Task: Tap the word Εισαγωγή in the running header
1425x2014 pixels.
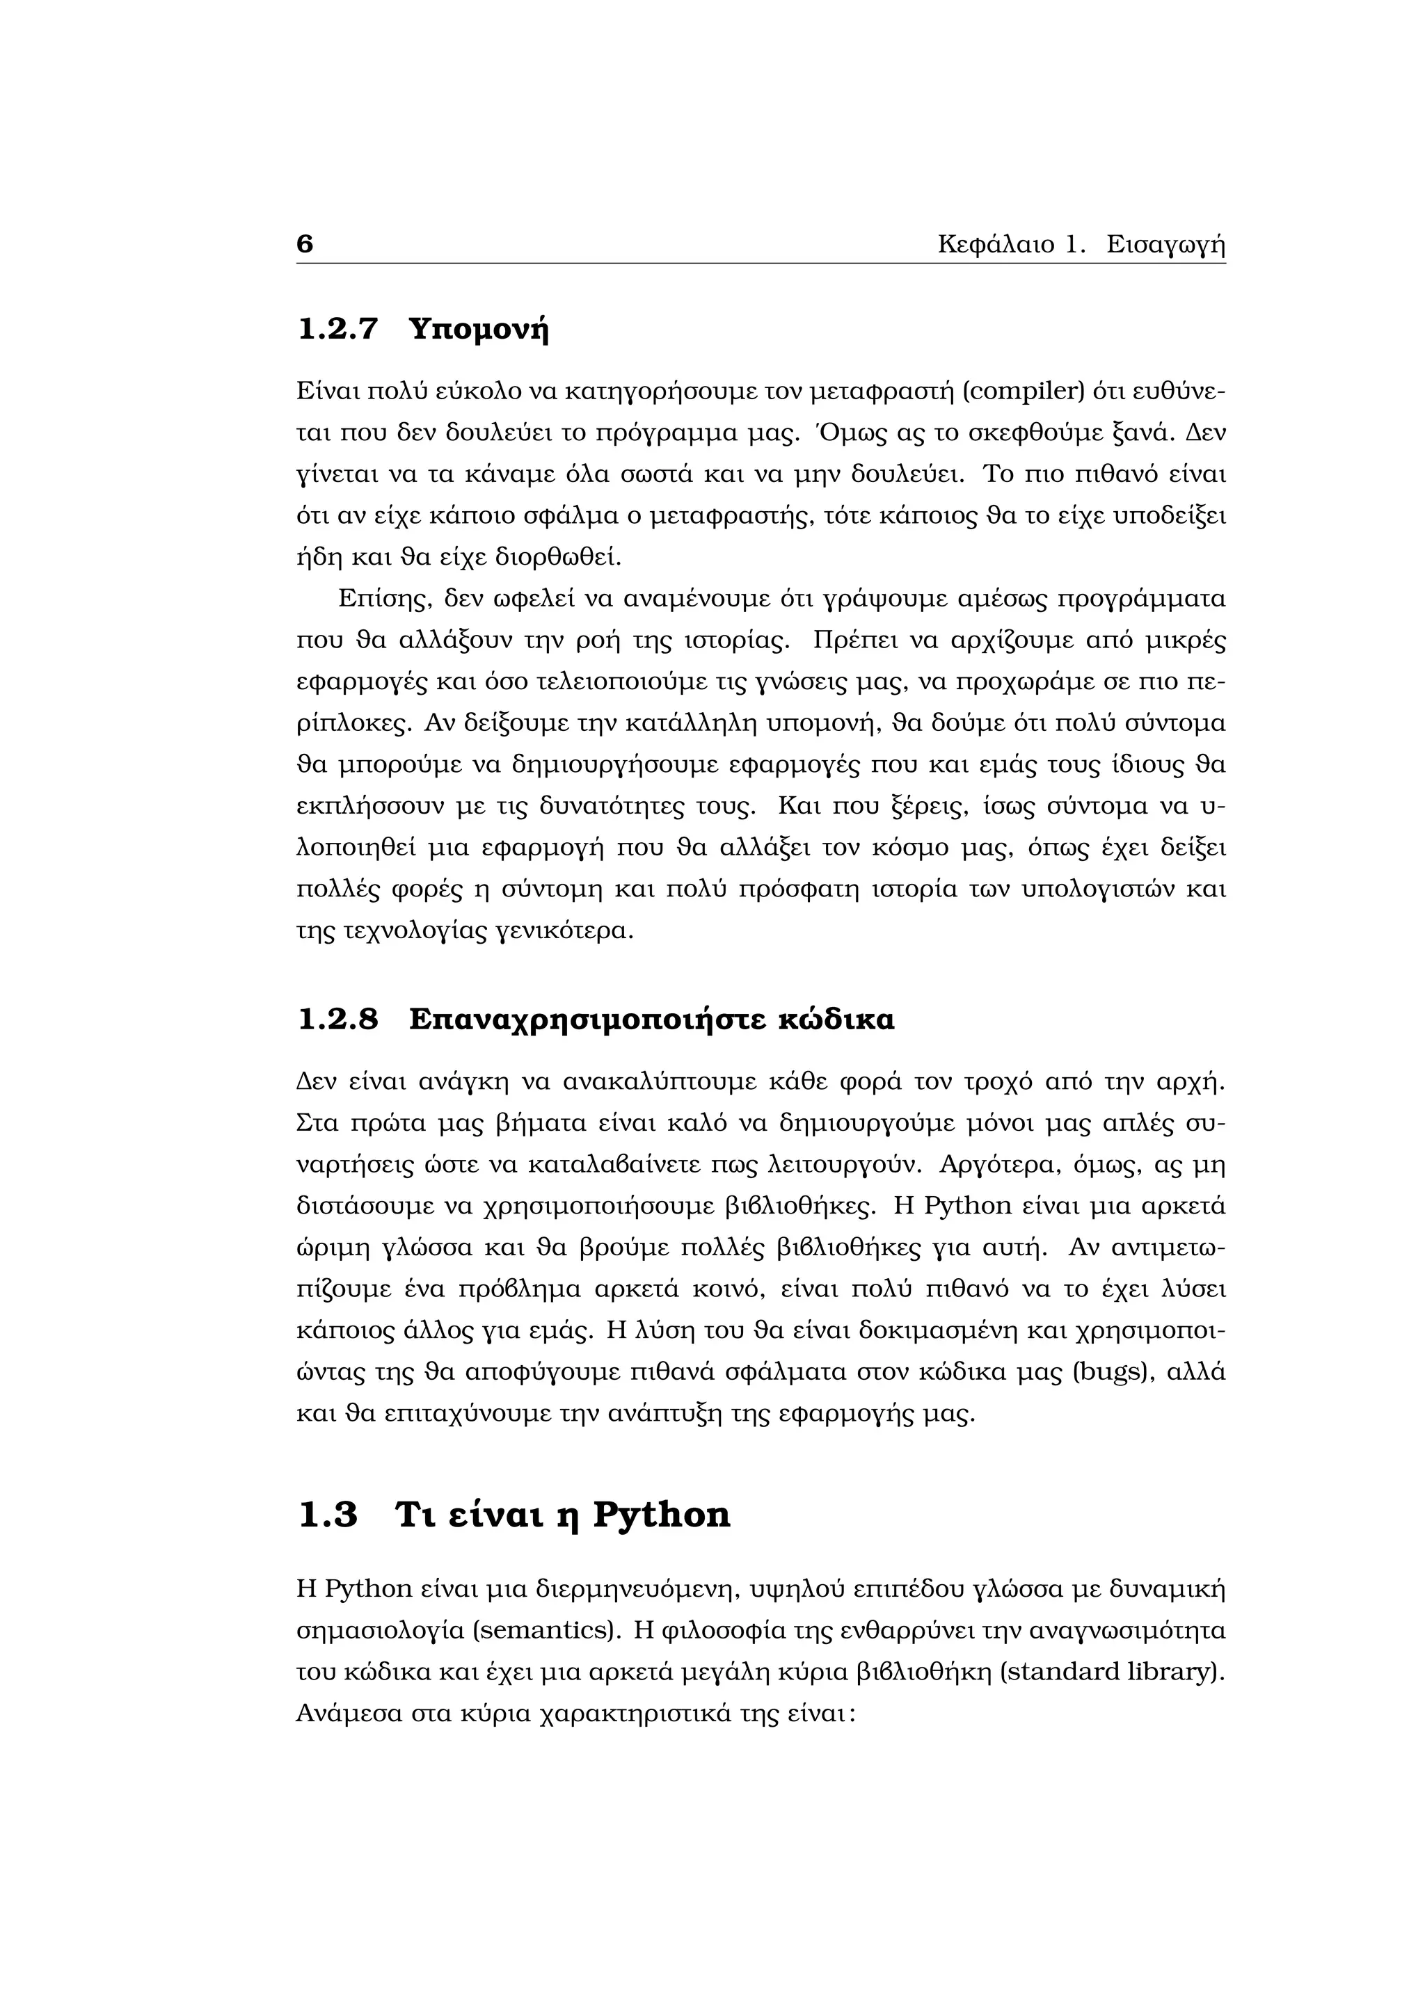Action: (1165, 245)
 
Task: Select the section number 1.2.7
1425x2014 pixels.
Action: (338, 329)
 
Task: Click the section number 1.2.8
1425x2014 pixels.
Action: (338, 1020)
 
